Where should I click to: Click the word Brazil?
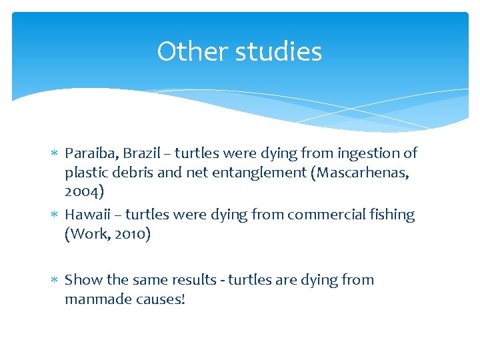click(138, 153)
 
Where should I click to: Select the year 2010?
click(132, 234)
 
